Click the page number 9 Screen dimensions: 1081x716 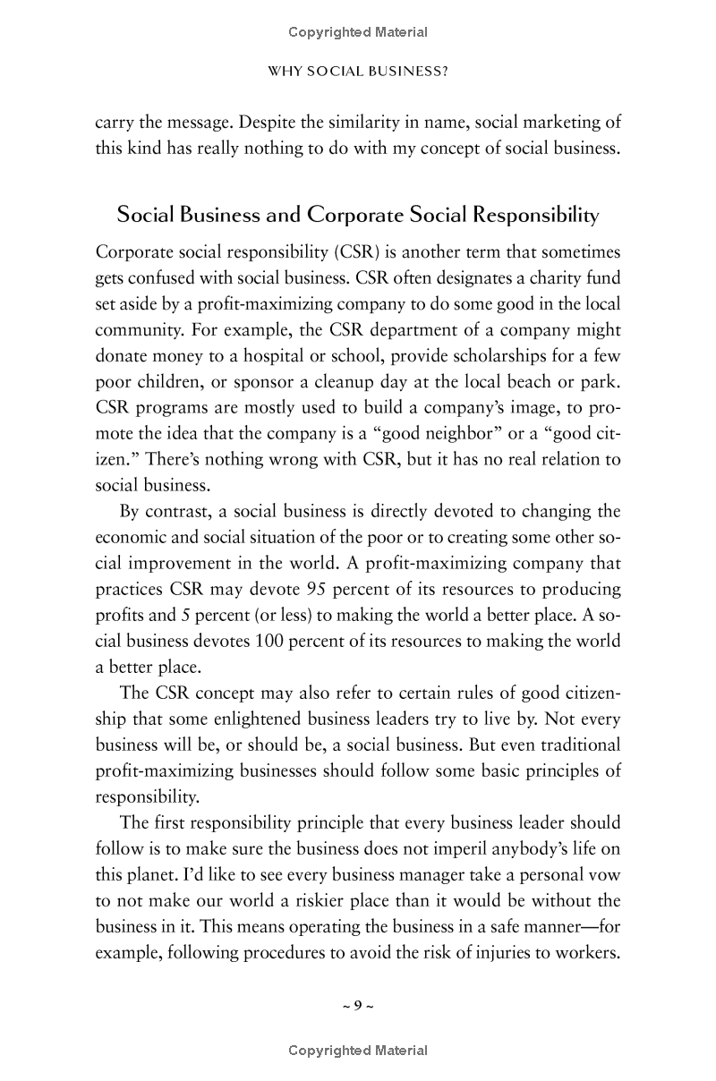click(x=357, y=1005)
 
